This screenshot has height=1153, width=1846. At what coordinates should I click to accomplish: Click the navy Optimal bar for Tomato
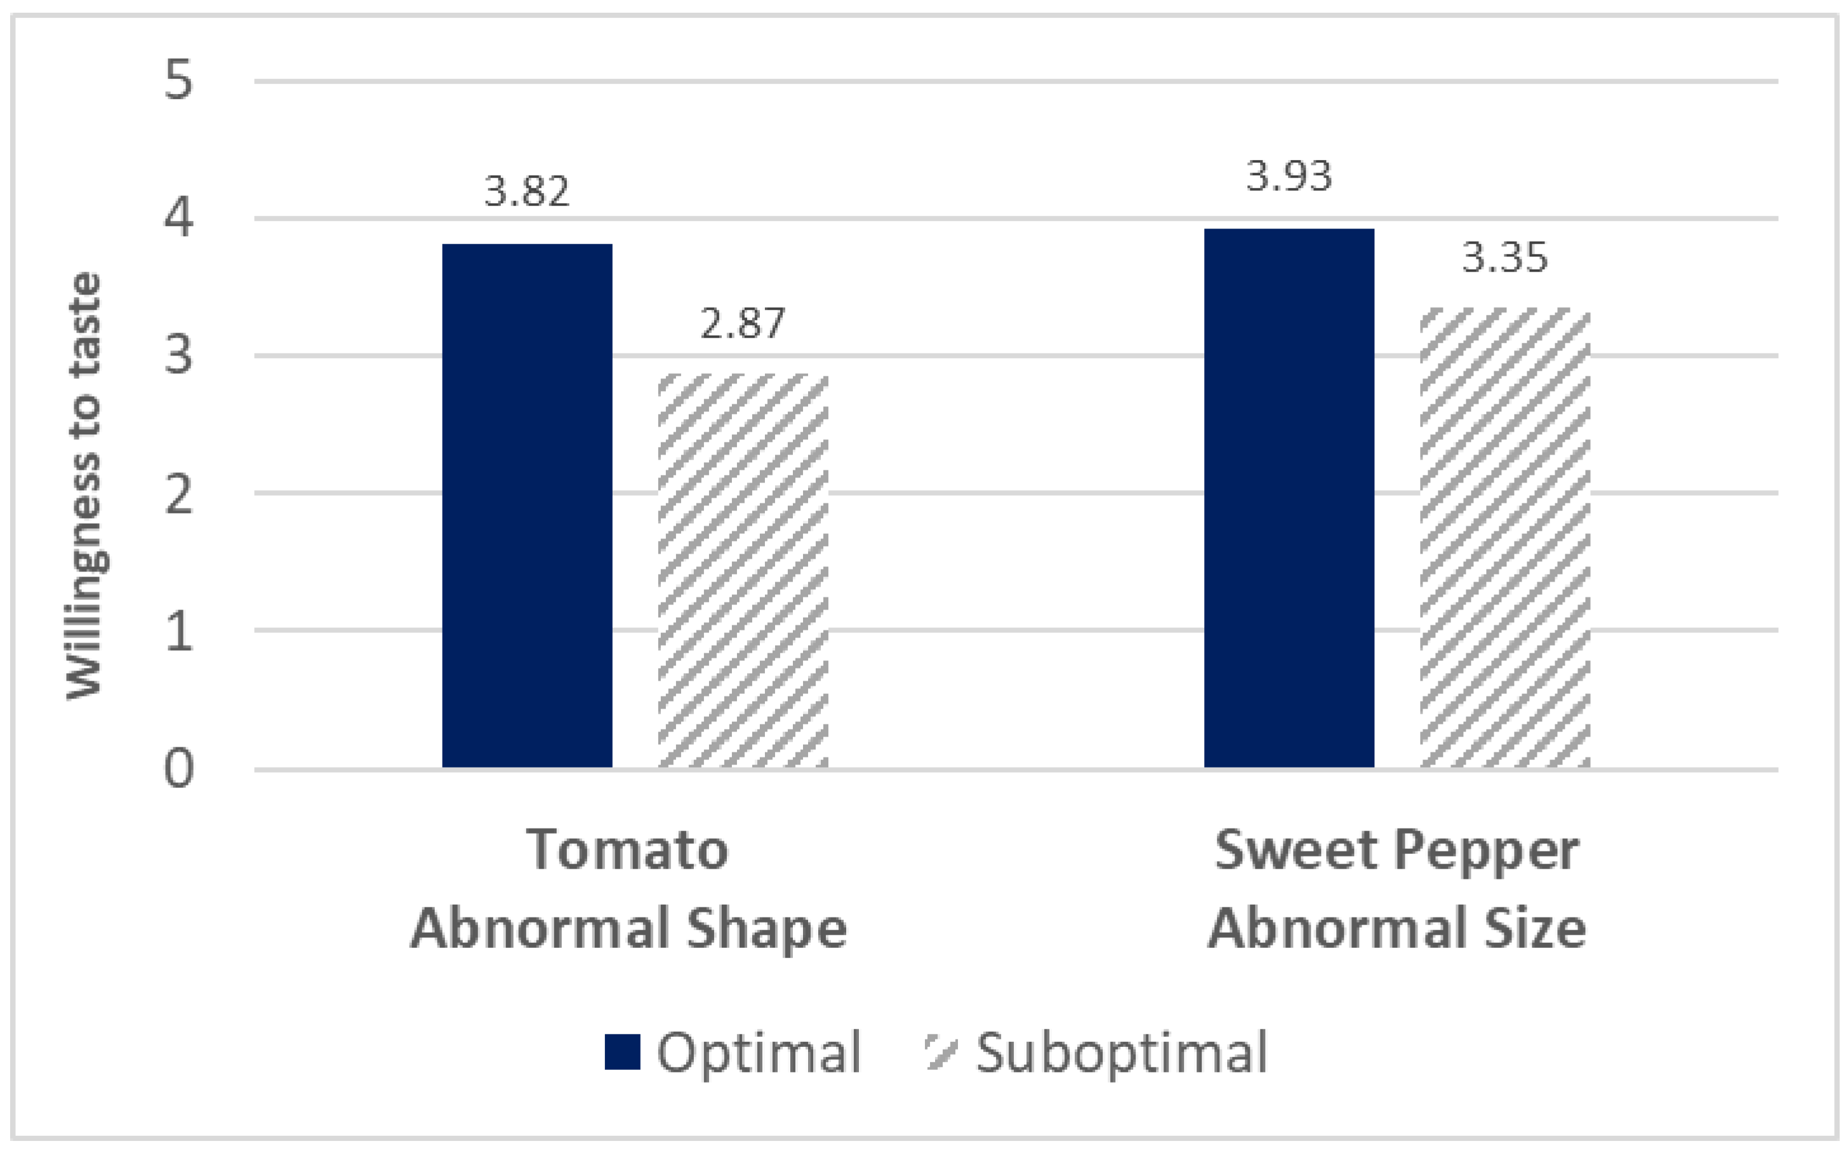(527, 505)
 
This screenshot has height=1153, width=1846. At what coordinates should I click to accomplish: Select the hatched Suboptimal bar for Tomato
(743, 570)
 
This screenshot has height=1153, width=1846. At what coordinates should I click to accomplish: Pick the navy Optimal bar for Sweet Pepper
(1289, 497)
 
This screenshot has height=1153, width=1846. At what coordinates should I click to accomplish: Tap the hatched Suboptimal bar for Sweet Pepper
(1504, 537)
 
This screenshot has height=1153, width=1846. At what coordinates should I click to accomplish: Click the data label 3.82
(527, 190)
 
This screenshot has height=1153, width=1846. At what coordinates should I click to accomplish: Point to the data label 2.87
(742, 323)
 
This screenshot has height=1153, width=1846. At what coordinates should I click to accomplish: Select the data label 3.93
(1289, 176)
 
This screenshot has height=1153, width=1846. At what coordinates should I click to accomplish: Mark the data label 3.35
(1504, 258)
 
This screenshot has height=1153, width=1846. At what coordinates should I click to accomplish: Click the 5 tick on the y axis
(178, 80)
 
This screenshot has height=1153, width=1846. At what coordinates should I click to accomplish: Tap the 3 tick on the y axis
(178, 356)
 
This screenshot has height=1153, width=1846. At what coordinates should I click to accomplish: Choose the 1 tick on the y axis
(178, 630)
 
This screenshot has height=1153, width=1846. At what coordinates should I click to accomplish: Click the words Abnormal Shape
(628, 928)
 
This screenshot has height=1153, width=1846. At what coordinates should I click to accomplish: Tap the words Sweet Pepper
(1396, 850)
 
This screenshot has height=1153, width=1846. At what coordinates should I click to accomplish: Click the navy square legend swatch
(622, 1052)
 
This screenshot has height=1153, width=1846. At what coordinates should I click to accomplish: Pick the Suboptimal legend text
(1122, 1052)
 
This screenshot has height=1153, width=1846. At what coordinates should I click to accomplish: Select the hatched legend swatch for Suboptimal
(940, 1052)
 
